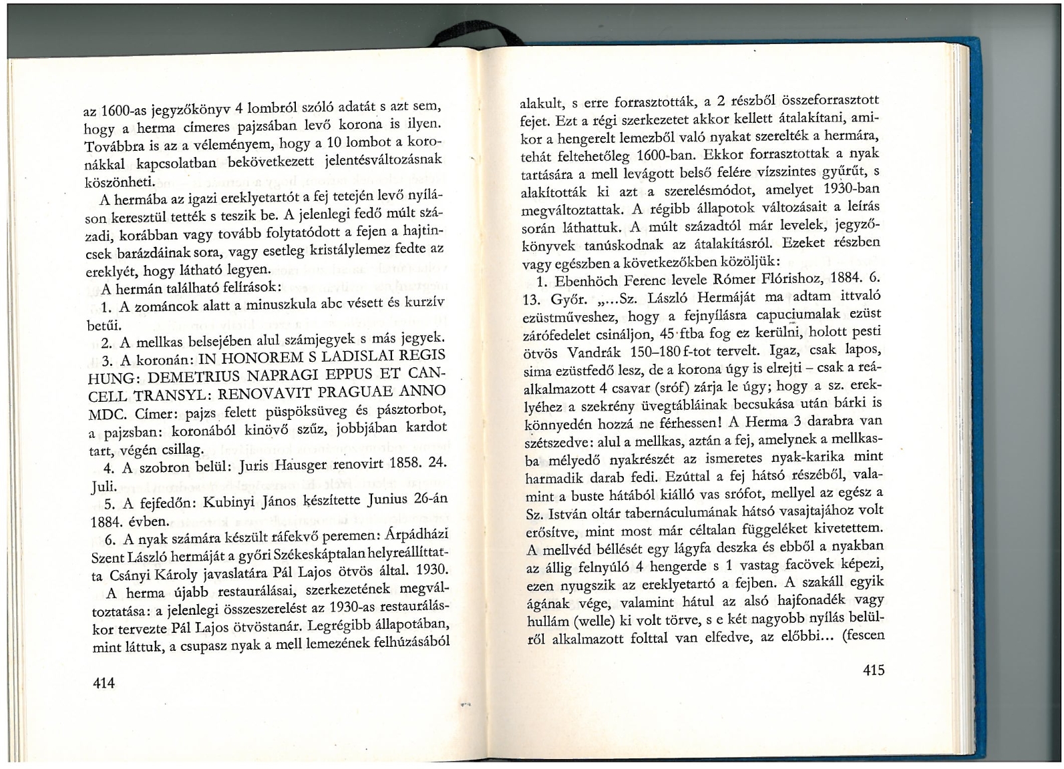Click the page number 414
click(x=105, y=682)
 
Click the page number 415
click(x=873, y=670)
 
